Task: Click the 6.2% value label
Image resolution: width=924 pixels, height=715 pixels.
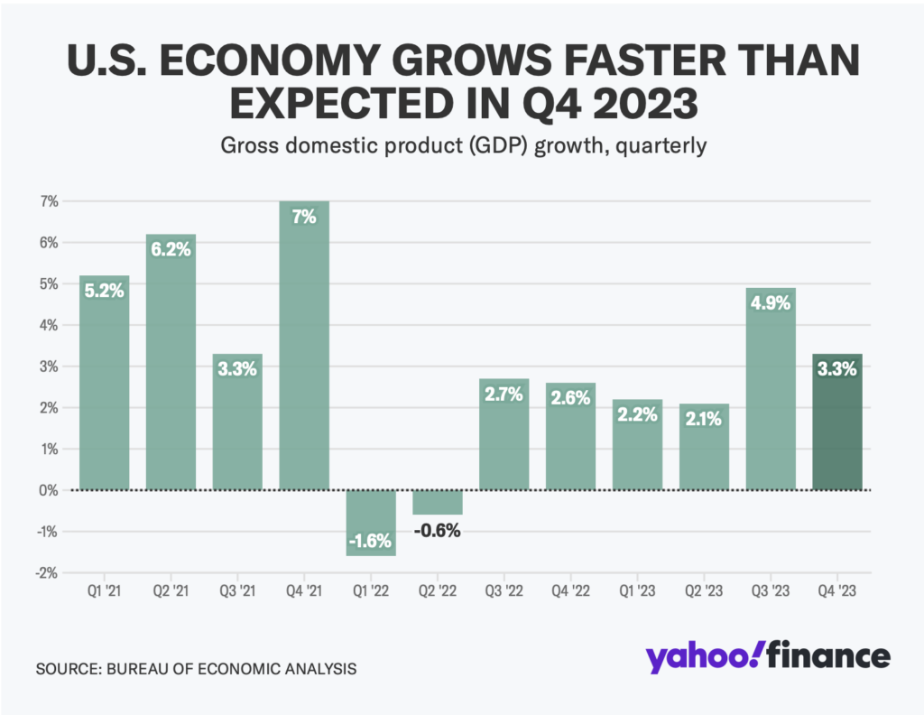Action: (171, 250)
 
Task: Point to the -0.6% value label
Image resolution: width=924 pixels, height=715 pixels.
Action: (438, 530)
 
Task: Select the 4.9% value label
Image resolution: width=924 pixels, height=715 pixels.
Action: (771, 303)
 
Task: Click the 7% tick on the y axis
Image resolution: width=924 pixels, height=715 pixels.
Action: (48, 201)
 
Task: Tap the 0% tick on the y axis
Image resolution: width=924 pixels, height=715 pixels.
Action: (48, 490)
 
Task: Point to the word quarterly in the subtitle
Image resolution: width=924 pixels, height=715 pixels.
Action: (663, 146)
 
